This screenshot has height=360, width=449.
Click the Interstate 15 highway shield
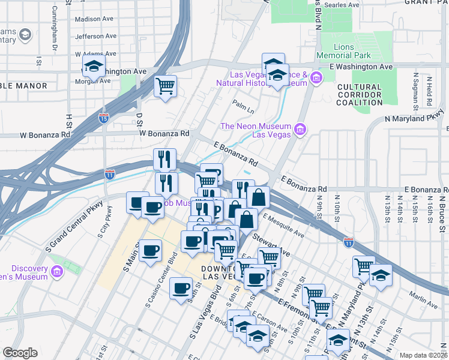104,118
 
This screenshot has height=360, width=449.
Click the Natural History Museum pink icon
316,77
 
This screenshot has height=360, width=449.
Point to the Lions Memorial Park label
352,50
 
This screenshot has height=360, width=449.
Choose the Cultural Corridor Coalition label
360,95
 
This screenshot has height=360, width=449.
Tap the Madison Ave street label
94,19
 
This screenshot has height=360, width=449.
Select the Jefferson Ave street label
94,37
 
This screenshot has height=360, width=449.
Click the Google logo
20,353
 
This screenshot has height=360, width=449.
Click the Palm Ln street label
244,106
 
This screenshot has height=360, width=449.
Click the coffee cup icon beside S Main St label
150,251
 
